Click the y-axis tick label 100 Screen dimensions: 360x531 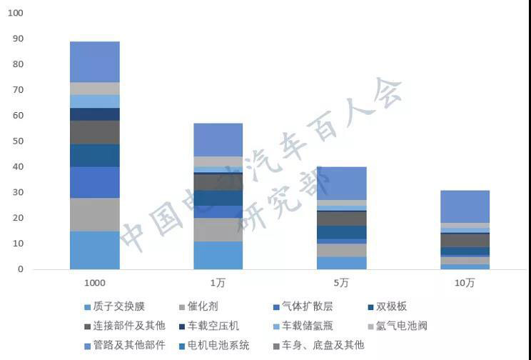(x=16, y=14)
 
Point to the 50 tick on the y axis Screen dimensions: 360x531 (x=18, y=141)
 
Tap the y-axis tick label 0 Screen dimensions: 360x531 (x=20, y=269)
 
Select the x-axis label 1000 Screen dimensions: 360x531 (x=95, y=284)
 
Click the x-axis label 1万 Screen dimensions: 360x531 (x=218, y=284)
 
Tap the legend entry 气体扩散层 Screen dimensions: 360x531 (x=308, y=307)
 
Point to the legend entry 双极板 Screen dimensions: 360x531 (x=393, y=307)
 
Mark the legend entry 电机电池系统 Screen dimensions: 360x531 (x=223, y=346)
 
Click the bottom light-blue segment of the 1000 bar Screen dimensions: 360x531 (x=95, y=250)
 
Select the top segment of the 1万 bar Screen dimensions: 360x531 (x=218, y=140)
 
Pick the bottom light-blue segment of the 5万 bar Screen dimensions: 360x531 (x=341, y=263)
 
